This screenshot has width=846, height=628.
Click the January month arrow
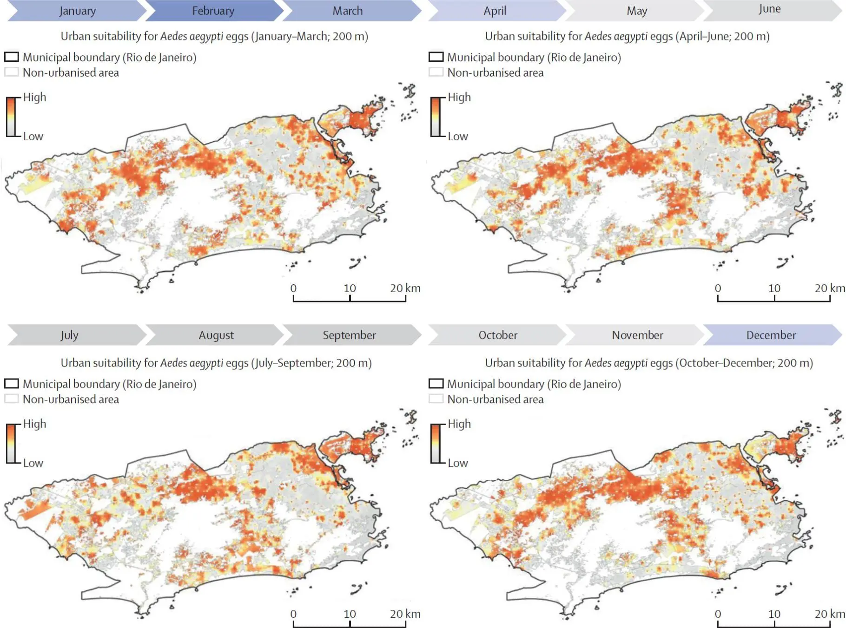coord(77,11)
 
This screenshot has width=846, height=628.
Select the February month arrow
coord(213,11)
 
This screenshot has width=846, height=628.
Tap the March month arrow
coord(348,11)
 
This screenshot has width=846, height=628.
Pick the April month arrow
coord(495,11)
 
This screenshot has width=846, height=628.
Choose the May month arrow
coord(636,11)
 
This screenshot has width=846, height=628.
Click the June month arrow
coord(770,10)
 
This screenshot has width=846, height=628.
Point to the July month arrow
coord(70,335)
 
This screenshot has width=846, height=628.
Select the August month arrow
coord(216,335)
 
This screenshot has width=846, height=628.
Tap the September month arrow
coord(350,335)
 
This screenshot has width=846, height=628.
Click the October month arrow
coord(498,335)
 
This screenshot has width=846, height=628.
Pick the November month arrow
coord(637,335)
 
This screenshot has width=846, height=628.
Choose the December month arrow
coord(771,335)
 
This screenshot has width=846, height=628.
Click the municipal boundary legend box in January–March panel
coord(12,57)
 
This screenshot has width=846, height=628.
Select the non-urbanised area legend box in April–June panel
coord(436,72)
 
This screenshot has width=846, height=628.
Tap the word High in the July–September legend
coord(35,424)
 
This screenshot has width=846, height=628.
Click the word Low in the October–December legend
coord(458,463)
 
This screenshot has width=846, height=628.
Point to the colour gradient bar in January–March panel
coord(11,117)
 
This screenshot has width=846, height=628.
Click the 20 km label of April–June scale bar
coord(830,288)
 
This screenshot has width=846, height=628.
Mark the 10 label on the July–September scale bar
coord(350,614)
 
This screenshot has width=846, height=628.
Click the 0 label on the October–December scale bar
coord(718,614)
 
